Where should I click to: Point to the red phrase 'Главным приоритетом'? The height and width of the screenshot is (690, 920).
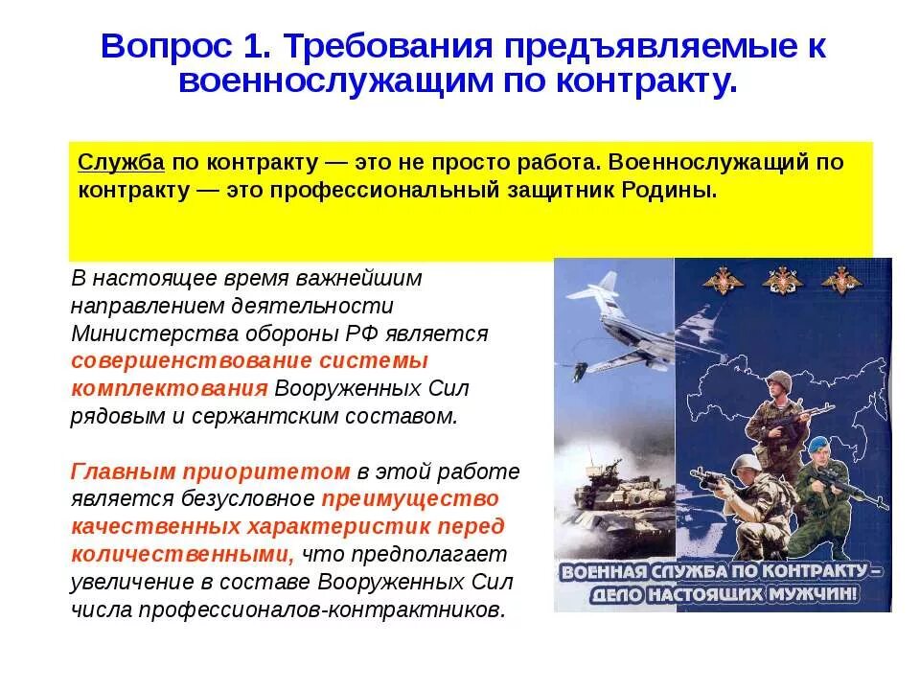(211, 471)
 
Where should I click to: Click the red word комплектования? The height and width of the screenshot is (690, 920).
(169, 388)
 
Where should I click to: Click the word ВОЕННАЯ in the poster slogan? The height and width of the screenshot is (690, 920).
(598, 572)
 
